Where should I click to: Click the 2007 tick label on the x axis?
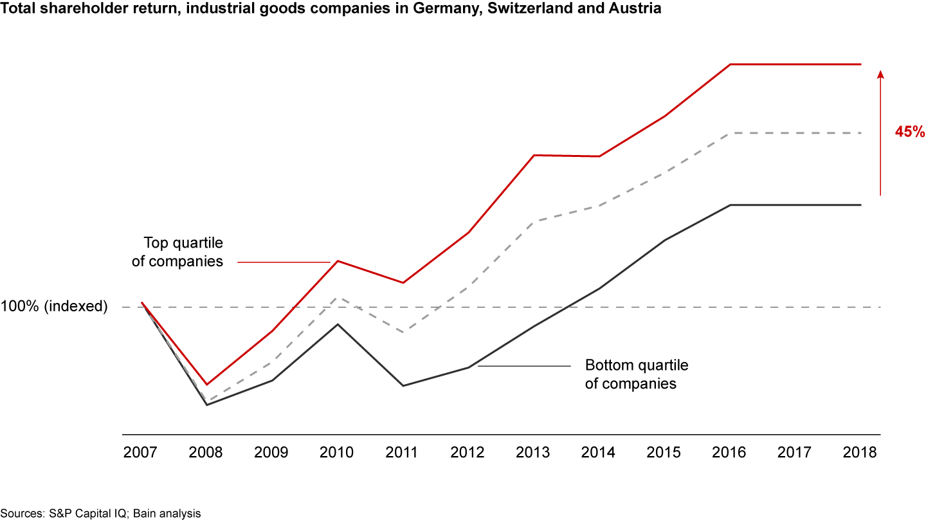(x=140, y=452)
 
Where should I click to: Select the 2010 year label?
(x=336, y=452)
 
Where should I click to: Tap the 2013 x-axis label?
(x=533, y=452)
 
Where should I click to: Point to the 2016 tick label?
(x=729, y=452)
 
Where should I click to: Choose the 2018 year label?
(x=860, y=452)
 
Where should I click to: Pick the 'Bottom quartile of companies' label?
(x=636, y=374)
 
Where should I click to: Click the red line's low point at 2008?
(x=206, y=385)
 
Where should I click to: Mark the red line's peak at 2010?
(x=338, y=261)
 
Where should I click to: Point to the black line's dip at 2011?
(x=403, y=385)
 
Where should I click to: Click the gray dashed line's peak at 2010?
(x=337, y=298)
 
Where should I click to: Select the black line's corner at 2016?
(x=731, y=205)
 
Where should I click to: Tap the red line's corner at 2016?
(x=731, y=64)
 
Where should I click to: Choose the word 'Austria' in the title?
(x=637, y=11)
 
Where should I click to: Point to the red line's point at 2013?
(x=534, y=155)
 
